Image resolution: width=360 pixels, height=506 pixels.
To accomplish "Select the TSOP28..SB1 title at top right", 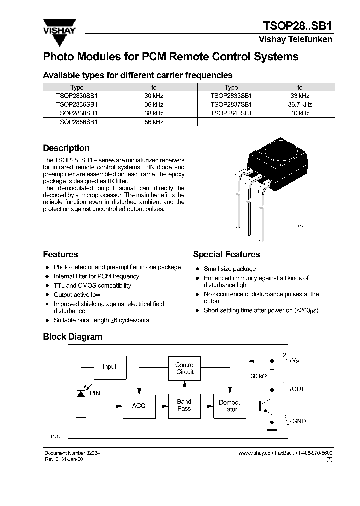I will (297, 26).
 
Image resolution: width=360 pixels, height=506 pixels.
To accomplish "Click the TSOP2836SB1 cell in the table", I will (77, 105).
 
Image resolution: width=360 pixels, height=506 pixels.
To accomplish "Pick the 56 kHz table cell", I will (154, 122).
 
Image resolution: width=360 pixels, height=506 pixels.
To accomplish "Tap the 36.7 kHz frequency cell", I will (300, 105).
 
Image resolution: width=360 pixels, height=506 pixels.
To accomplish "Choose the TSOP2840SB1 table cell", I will (231, 113).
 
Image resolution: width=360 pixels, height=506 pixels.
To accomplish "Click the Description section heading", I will (66, 148).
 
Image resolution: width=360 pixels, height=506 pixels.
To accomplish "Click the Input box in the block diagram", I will (109, 367).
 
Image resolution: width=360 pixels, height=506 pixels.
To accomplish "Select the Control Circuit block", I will (185, 368).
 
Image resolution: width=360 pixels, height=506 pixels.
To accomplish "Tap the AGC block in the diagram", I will (139, 405).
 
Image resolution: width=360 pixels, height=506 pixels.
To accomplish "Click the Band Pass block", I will (184, 405).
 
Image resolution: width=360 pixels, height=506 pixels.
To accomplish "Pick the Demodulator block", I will (231, 405).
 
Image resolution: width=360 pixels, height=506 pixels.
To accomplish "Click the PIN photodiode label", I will (95, 393).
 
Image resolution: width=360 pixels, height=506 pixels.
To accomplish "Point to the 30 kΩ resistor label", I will (258, 376).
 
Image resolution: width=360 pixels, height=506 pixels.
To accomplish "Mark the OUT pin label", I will (298, 389).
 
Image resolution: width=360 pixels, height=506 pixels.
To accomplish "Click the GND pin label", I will (299, 421).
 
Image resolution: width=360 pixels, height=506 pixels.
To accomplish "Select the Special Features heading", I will (226, 255).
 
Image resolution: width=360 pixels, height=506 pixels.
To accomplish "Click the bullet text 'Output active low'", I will (77, 295).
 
